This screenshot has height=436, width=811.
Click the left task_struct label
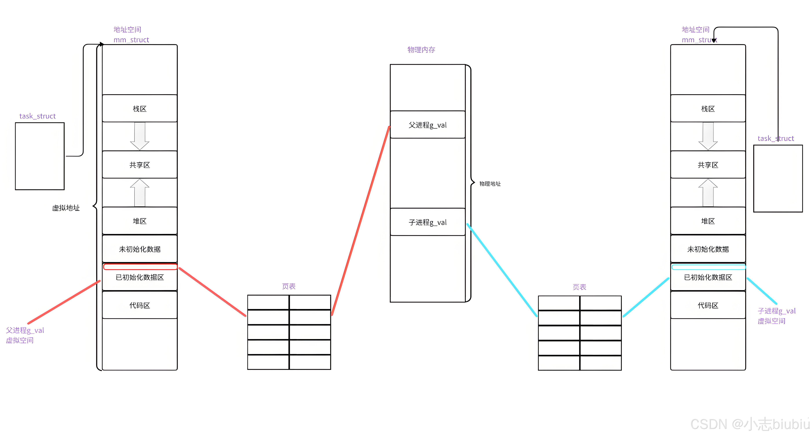tap(38, 116)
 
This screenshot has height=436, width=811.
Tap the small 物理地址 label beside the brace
tap(490, 184)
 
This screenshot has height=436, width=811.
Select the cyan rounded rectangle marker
tap(708, 267)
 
